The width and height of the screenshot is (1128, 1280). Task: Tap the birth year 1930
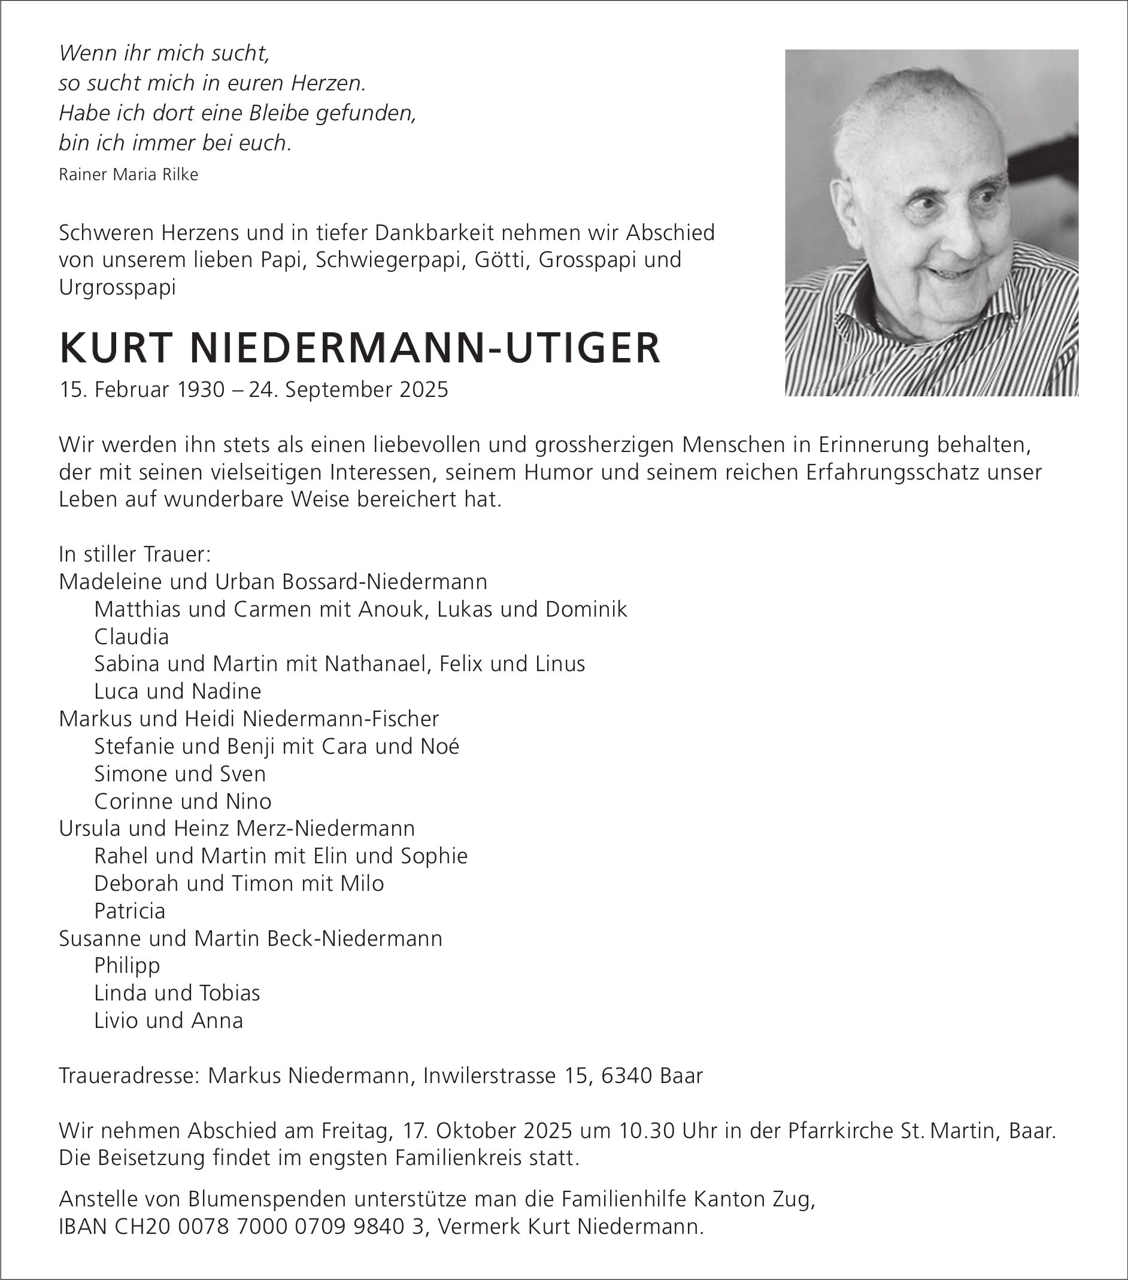(x=201, y=390)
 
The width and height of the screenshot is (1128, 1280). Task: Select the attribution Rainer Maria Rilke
(x=128, y=175)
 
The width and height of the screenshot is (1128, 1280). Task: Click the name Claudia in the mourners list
(x=132, y=637)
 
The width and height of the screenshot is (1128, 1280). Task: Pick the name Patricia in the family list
(x=130, y=911)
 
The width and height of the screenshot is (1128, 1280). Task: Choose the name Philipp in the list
(x=127, y=965)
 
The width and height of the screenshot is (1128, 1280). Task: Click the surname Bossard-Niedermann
(x=384, y=582)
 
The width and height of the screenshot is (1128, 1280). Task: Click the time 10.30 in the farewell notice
(x=647, y=1130)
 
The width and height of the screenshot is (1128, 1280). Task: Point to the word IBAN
(x=83, y=1227)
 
